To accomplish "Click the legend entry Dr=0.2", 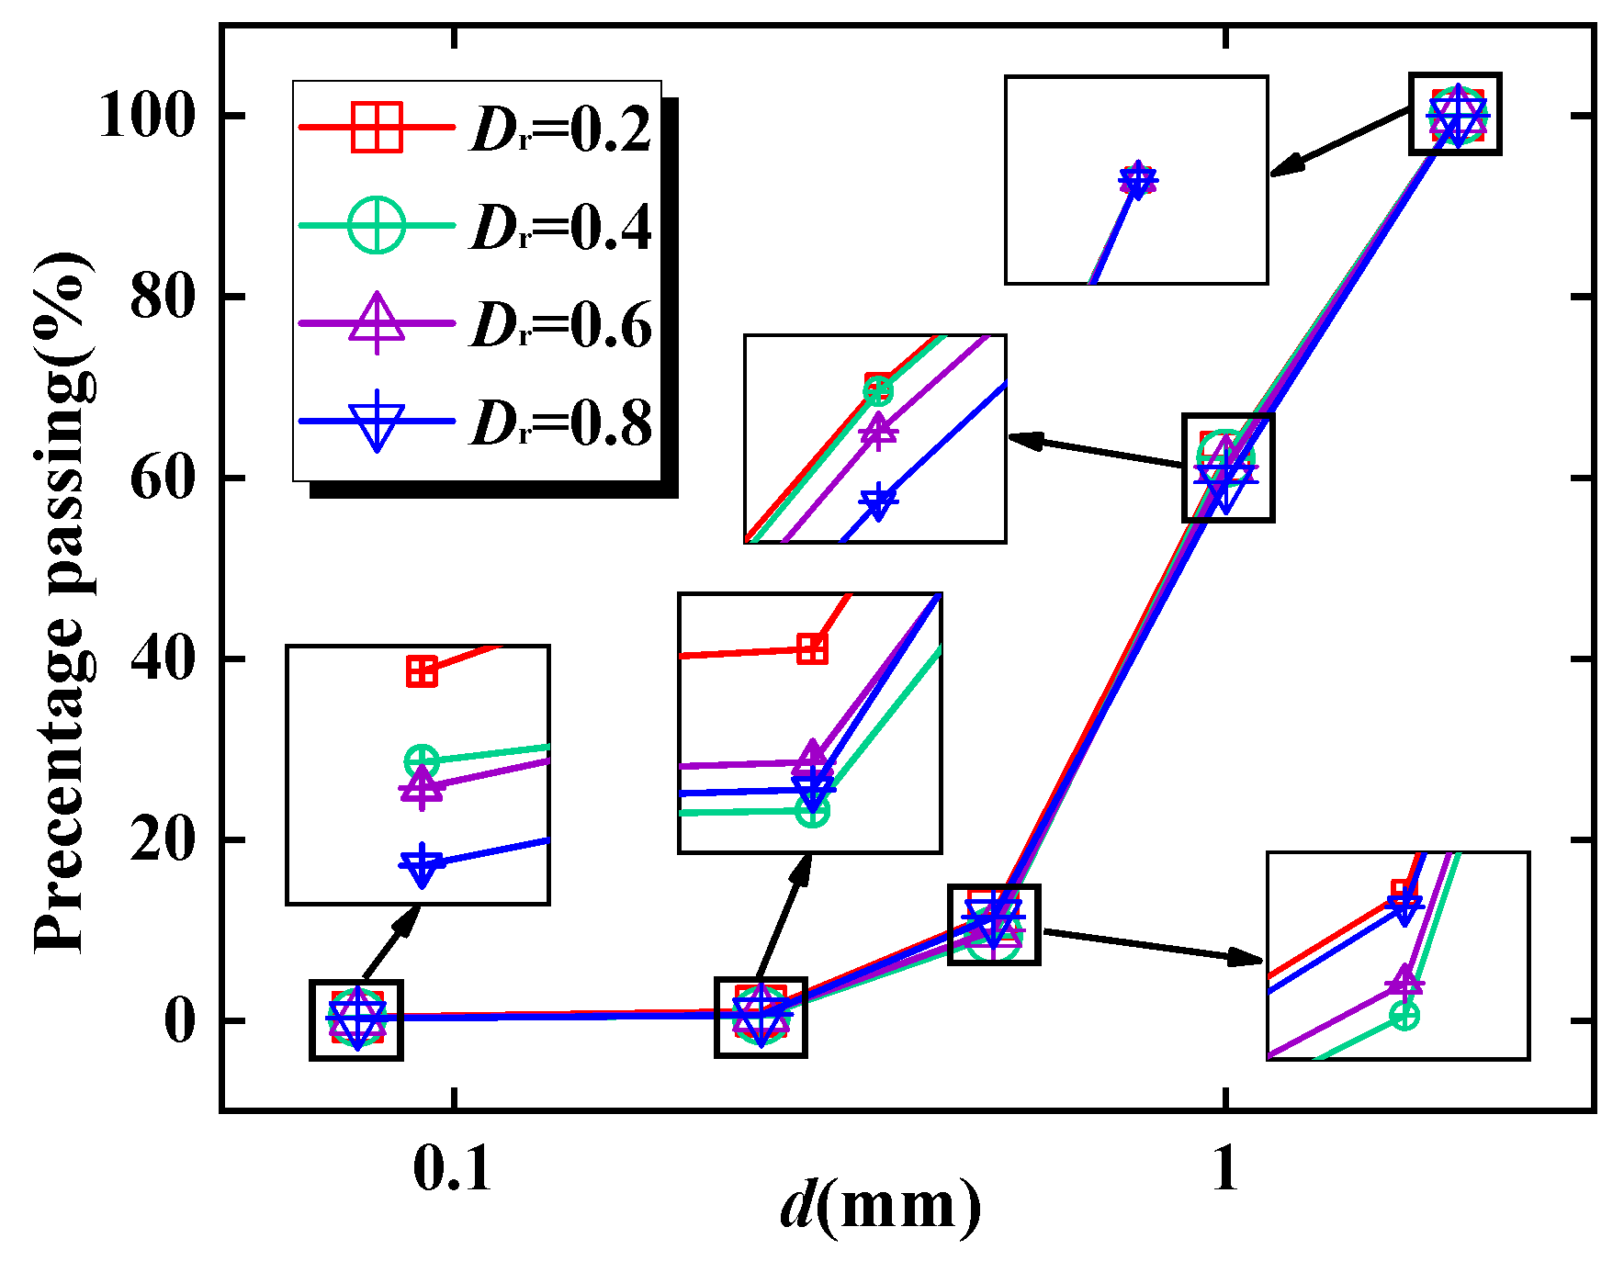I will [x=561, y=129].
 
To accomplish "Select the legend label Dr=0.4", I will [x=561, y=227].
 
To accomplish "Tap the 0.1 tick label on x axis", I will [x=453, y=1170].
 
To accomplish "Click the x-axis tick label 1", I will [x=1225, y=1170].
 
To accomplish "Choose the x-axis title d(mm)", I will [x=880, y=1205].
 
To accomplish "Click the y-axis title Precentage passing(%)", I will [x=62, y=602].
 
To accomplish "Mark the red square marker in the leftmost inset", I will [x=422, y=672].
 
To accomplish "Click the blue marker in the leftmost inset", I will [x=422, y=865].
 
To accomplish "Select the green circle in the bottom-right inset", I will [x=1404, y=1015].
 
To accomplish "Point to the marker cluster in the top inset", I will [x=1137, y=180].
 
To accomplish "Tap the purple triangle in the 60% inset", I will [x=878, y=431].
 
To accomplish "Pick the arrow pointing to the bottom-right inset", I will [x=1154, y=945].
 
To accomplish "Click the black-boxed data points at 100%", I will [x=1456, y=114].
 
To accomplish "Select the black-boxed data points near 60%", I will [x=1227, y=467].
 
